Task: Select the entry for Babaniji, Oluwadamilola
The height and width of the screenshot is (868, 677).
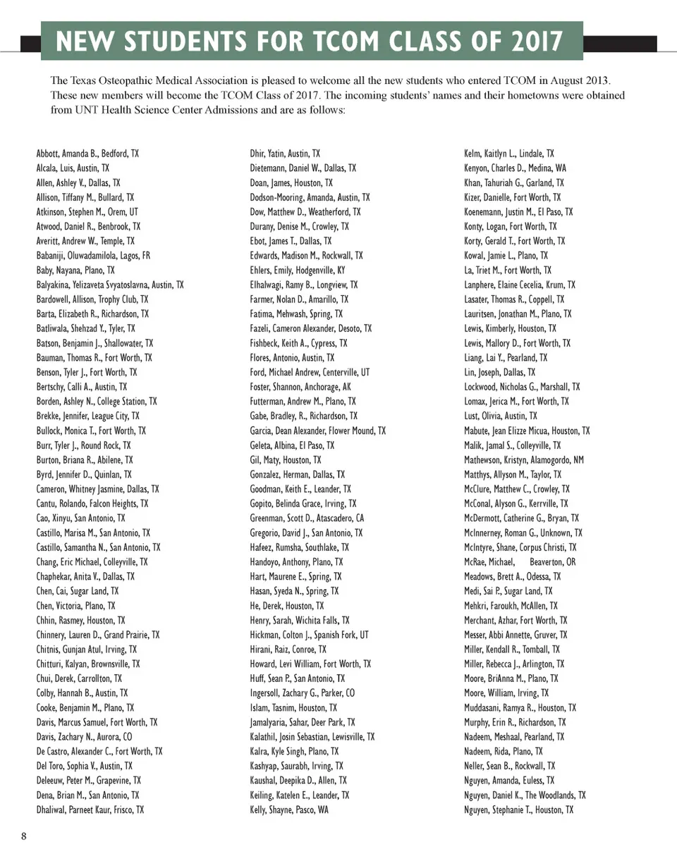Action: [x=93, y=256]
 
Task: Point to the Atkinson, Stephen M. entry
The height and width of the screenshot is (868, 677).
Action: [x=87, y=212]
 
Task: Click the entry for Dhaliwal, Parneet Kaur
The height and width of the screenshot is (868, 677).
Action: [x=90, y=810]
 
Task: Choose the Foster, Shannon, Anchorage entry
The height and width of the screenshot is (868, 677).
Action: [x=300, y=387]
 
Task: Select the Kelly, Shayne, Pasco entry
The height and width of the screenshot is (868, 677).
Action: [x=289, y=810]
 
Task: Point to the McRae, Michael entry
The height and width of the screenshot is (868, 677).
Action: [x=519, y=562]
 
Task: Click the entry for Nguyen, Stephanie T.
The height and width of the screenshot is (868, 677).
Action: [x=518, y=810]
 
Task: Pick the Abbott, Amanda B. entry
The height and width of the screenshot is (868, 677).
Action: [x=87, y=154]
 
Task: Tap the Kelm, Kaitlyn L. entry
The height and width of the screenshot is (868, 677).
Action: [x=508, y=154]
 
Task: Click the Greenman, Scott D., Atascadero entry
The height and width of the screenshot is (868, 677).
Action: [x=307, y=519]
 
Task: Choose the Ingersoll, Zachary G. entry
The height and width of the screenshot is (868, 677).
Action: [x=303, y=693]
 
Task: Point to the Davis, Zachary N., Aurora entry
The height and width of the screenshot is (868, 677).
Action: [x=84, y=737]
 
